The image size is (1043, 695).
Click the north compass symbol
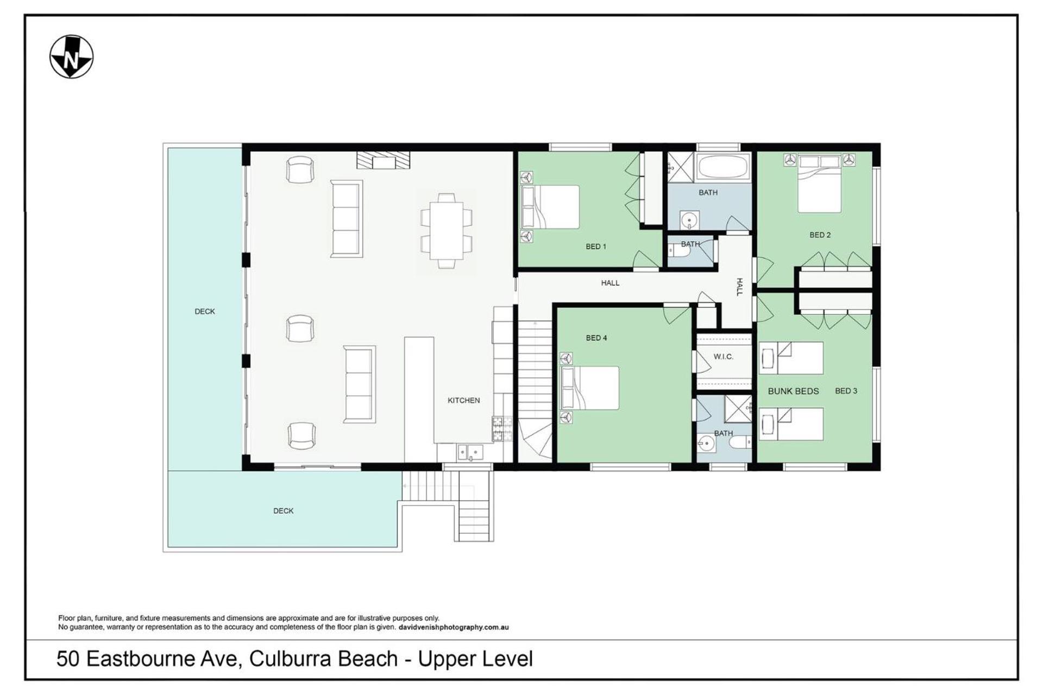coord(71,57)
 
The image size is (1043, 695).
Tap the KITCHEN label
coord(463,400)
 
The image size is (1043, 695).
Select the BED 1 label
coord(596,247)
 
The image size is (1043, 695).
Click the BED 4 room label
coord(596,338)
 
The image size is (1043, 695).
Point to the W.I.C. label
coord(723,357)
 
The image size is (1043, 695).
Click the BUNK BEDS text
coord(793,391)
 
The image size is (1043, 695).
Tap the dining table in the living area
coord(447,231)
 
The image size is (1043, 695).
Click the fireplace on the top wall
coord(383,160)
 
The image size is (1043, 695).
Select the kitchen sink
coord(470,452)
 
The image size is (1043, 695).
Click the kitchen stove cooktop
coord(502,428)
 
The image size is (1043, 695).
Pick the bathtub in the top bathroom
coord(722,167)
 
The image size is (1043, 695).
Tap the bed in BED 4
coord(589,388)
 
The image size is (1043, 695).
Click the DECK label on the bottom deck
coord(283,511)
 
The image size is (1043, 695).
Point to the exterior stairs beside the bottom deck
coord(448,506)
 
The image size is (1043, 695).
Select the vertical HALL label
coord(739,287)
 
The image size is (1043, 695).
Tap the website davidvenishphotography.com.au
coord(454,627)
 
